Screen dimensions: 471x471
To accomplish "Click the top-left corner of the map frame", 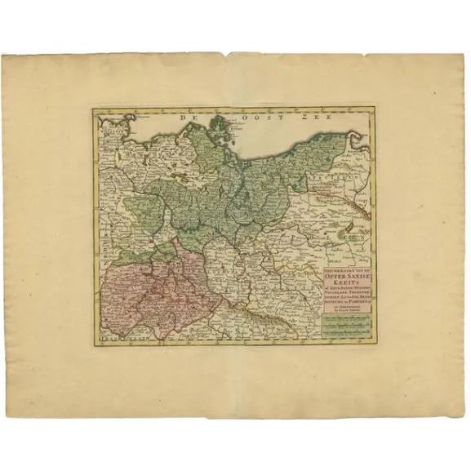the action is coord(92,108).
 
